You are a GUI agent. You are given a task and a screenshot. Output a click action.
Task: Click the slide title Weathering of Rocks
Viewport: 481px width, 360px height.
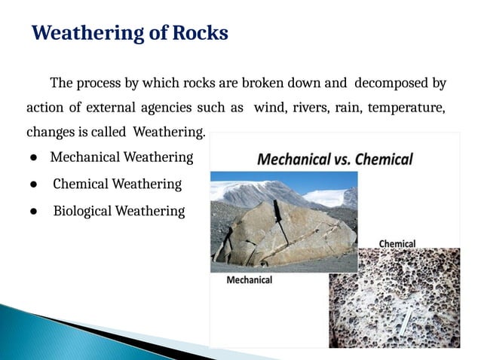tap(130, 33)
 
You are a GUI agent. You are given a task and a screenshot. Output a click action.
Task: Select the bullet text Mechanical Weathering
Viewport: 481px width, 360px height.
tap(121, 157)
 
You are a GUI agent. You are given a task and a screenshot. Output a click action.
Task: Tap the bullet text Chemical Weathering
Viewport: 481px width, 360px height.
tap(117, 185)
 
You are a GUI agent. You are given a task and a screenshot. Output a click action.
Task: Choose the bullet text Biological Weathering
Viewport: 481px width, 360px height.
tap(118, 212)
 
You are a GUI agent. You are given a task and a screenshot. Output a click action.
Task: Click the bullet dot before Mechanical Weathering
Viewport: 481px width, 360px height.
tap(35, 158)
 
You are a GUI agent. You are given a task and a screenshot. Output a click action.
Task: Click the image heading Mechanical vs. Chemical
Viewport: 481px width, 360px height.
tap(335, 160)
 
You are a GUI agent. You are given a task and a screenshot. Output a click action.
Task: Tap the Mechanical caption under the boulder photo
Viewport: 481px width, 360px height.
tap(250, 280)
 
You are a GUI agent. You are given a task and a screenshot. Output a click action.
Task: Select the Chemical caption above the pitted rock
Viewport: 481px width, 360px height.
tap(397, 244)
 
